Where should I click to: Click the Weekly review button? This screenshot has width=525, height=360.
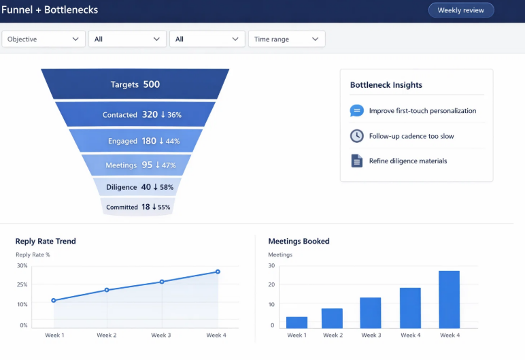460,10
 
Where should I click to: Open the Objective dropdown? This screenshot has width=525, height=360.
44,39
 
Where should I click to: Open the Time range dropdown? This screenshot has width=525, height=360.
286,39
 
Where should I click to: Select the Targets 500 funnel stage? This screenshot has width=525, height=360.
135,84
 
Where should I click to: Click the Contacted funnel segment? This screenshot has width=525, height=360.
135,115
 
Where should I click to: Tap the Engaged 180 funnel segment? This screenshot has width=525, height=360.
135,142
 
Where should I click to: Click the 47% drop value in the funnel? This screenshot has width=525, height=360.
169,165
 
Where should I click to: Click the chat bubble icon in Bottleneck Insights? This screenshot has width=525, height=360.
356,111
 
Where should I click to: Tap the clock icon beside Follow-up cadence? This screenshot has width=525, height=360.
356,136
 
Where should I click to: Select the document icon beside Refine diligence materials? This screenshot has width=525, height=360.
356,161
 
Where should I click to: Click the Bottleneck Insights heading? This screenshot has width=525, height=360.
386,85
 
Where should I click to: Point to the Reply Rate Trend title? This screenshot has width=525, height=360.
46,241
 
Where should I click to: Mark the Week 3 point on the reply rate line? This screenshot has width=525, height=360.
162,282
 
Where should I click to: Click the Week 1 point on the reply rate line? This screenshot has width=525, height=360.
54,300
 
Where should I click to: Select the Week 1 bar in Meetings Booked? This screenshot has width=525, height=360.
297,323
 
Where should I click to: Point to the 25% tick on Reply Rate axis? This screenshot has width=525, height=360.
22,284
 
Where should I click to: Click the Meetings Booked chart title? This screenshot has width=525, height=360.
299,241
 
